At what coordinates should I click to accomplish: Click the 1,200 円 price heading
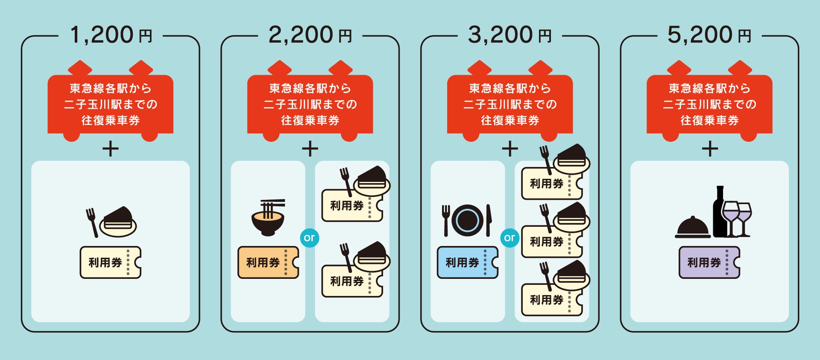point(111,35)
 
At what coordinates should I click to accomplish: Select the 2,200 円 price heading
point(310,35)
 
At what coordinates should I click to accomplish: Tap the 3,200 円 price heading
point(510,35)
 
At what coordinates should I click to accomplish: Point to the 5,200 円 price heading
point(709,35)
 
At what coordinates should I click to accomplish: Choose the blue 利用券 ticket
point(467,262)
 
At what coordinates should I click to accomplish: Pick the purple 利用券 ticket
point(709,262)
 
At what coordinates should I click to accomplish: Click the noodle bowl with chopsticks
point(268,218)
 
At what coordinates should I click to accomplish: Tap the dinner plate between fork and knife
point(467,220)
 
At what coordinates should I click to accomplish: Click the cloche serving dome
point(692,228)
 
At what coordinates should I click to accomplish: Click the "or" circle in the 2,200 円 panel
point(310,237)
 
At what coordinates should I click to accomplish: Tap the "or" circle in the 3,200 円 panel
point(510,237)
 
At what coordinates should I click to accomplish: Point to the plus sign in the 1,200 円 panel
point(111,149)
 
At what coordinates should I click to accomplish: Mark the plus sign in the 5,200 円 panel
point(710,149)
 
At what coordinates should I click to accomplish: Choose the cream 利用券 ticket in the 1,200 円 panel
point(110,262)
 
